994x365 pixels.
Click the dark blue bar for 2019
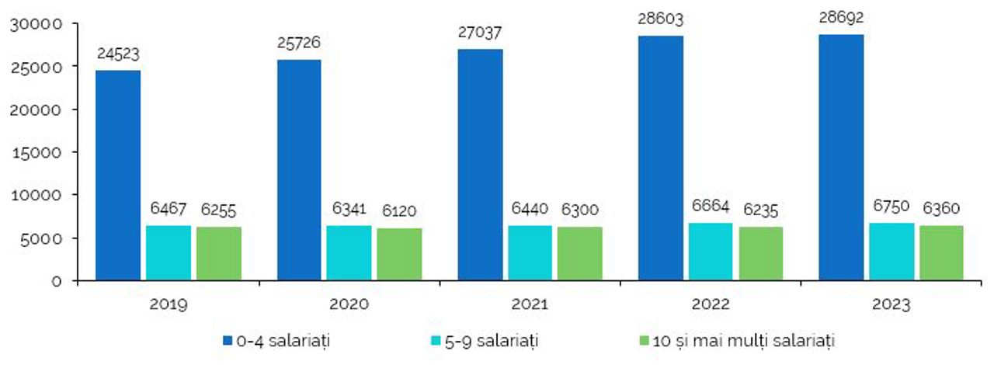(x=118, y=175)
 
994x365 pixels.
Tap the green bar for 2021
(x=579, y=253)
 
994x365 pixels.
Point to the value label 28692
(x=842, y=18)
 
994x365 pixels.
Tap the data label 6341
(x=349, y=209)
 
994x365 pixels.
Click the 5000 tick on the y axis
(x=44, y=238)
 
